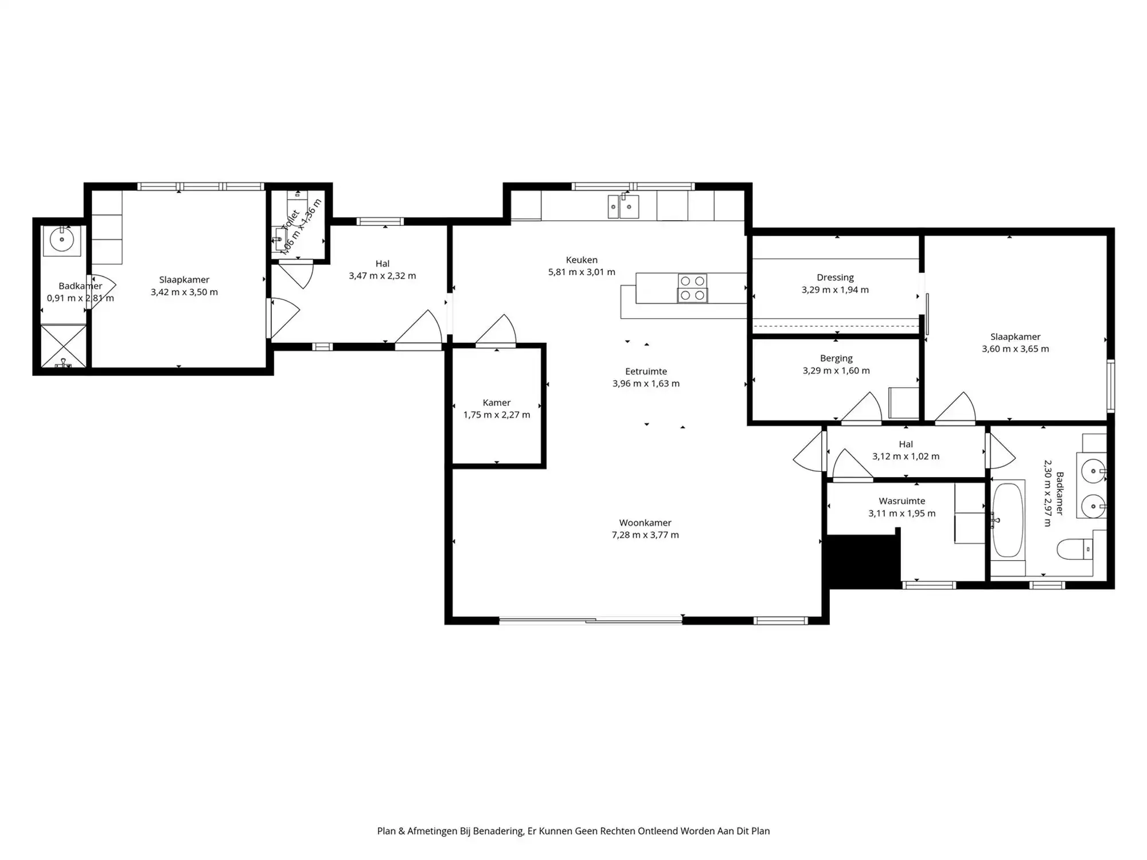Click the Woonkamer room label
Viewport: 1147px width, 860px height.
(645, 522)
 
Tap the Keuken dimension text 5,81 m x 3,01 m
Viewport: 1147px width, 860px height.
(582, 272)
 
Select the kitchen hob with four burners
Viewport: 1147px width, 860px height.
(692, 288)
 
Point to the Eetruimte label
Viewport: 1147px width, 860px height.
(646, 371)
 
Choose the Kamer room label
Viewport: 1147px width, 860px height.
(496, 402)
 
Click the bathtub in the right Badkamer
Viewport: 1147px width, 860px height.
(1008, 520)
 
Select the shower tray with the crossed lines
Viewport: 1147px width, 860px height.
(64, 346)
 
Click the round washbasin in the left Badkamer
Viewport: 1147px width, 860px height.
(61, 240)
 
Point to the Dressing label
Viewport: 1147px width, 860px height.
(835, 277)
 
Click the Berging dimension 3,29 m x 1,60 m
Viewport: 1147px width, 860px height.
(836, 371)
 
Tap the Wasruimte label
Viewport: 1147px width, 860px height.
(902, 501)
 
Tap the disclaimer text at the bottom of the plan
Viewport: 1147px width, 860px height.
(573, 831)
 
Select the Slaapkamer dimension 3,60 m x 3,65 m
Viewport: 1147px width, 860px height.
(1015, 349)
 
